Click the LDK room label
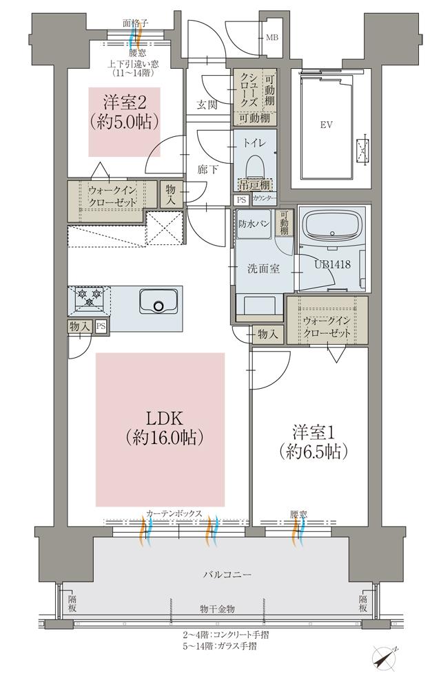click(163, 427)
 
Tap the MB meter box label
click(273, 38)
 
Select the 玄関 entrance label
click(207, 105)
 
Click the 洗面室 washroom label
click(263, 268)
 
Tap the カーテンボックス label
click(174, 513)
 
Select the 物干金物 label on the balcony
click(217, 609)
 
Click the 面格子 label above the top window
click(135, 23)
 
